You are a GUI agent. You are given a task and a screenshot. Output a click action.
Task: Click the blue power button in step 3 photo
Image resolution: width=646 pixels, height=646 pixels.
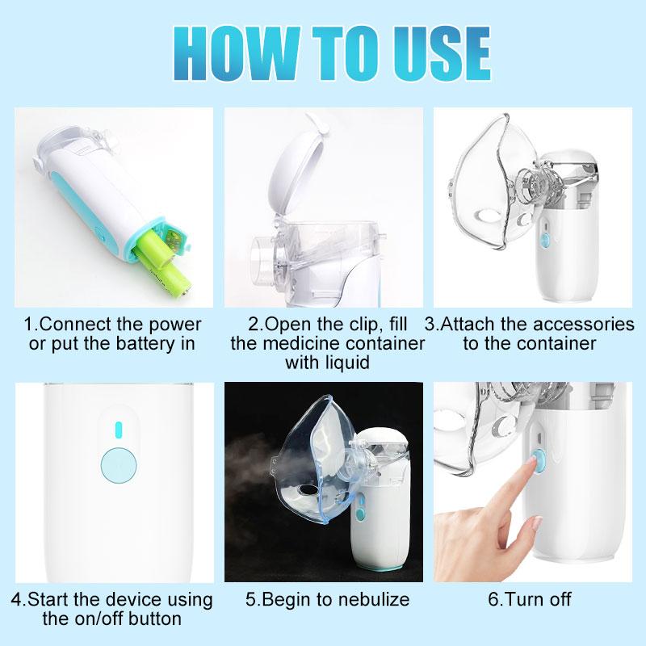[x=546, y=241]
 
